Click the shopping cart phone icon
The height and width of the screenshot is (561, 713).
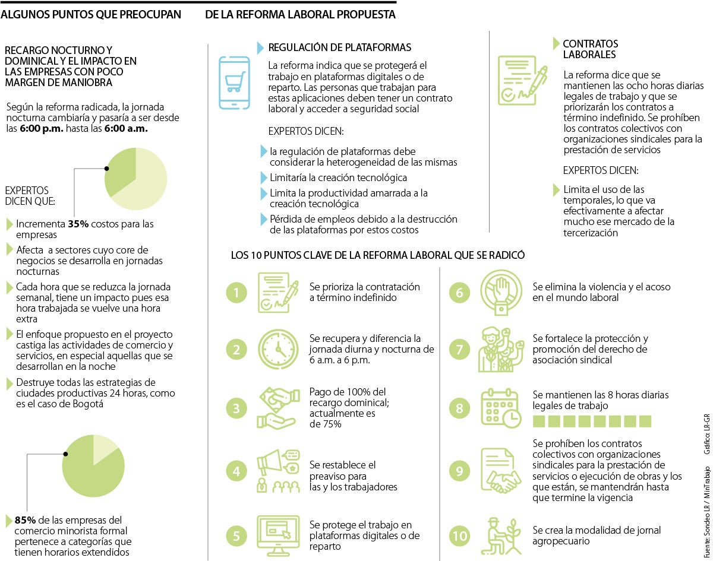(x=234, y=83)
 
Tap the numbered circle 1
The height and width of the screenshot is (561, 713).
(x=236, y=292)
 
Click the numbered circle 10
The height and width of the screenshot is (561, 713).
(x=459, y=536)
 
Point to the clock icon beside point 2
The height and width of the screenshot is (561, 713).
(x=277, y=349)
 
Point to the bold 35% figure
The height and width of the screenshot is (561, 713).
(x=78, y=224)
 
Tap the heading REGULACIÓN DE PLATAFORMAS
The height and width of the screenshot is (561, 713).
(x=339, y=47)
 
